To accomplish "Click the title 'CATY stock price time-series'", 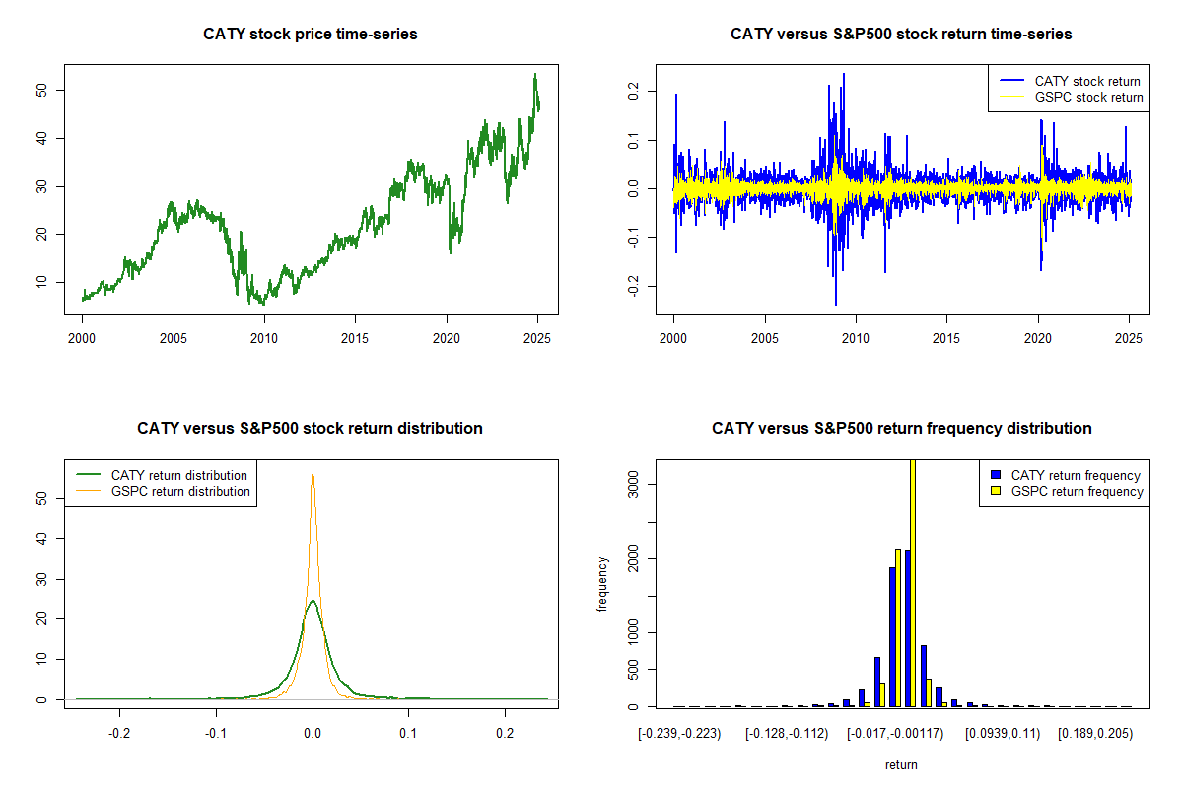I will click(311, 35).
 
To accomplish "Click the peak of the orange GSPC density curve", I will click(313, 473).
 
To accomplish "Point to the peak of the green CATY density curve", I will click(313, 600).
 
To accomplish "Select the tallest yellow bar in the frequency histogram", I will click(913, 582).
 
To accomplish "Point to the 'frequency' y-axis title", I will click(602, 584).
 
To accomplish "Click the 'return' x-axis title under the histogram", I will click(901, 764).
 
